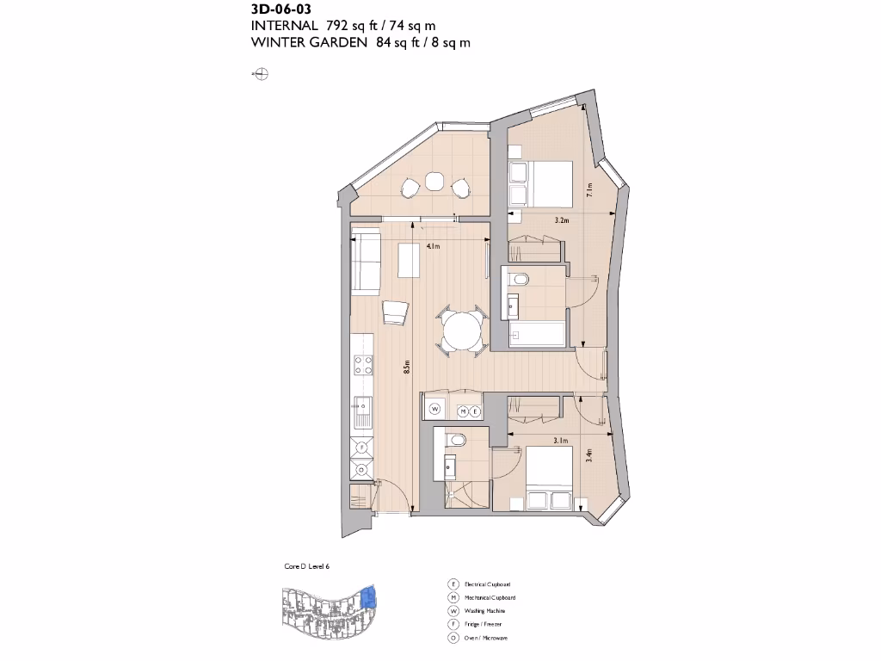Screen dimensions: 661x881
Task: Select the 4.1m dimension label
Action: pyautogui.click(x=433, y=247)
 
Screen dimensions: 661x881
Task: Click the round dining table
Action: pyautogui.click(x=462, y=330)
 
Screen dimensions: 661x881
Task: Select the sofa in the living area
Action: pyautogui.click(x=367, y=262)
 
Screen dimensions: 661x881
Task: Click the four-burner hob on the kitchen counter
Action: pyautogui.click(x=363, y=365)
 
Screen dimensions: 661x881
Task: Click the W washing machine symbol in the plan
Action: pyautogui.click(x=435, y=409)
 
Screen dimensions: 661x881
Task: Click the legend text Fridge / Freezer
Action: pyautogui.click(x=483, y=624)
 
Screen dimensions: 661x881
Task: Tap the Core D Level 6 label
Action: pyautogui.click(x=306, y=566)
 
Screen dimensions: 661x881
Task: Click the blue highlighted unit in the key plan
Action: pyautogui.click(x=370, y=596)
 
